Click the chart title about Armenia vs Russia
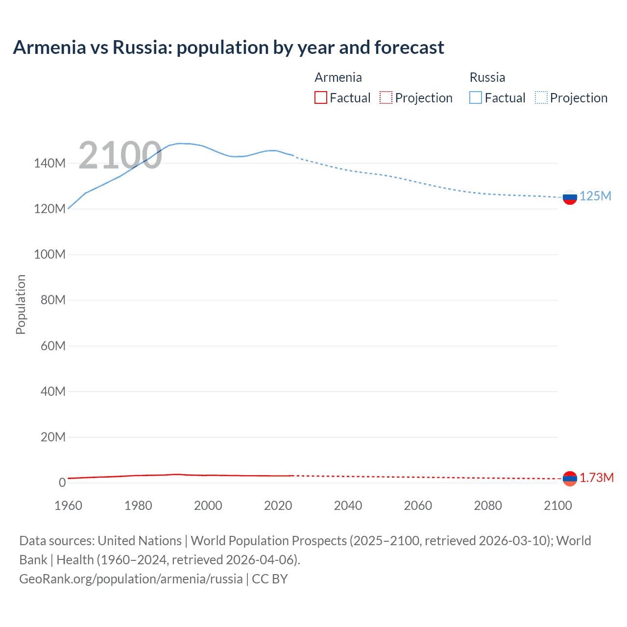click(228, 48)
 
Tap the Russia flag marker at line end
click(570, 197)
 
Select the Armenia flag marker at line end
click(570, 479)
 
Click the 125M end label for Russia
click(595, 196)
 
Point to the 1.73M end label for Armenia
click(597, 478)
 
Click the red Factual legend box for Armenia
click(321, 98)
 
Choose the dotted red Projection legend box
click(386, 98)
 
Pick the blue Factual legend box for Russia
click(476, 98)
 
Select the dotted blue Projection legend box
click(541, 98)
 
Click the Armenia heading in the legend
click(338, 77)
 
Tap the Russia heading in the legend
click(487, 77)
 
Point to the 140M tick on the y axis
click(49, 164)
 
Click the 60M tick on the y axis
click(53, 346)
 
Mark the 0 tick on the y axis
click(62, 482)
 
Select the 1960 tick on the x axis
click(68, 506)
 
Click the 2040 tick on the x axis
click(348, 506)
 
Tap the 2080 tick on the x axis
click(488, 506)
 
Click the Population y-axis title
click(21, 304)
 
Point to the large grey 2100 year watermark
click(120, 155)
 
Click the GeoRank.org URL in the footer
click(131, 579)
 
